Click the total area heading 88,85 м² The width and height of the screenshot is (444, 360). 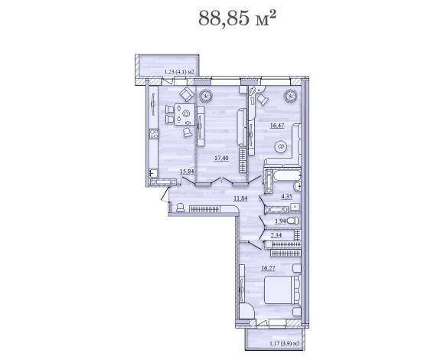tap(237, 18)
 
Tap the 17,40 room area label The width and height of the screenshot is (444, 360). tap(221, 158)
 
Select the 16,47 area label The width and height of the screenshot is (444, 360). tap(277, 126)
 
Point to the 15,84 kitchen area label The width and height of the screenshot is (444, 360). tap(187, 171)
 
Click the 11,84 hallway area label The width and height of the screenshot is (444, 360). tap(240, 198)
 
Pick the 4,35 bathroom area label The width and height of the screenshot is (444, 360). tap(286, 196)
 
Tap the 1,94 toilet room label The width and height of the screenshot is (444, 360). tap(281, 221)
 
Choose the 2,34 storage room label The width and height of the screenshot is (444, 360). tap(276, 234)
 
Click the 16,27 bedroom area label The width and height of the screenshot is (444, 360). tap(268, 268)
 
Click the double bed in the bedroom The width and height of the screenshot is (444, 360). tap(282, 290)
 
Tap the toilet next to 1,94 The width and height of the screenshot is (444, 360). tap(292, 221)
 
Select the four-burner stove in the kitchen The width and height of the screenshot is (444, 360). tap(154, 134)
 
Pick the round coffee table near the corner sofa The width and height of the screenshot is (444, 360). tap(281, 146)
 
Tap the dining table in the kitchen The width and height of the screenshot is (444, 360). tap(184, 114)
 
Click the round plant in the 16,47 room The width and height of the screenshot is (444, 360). tap(291, 96)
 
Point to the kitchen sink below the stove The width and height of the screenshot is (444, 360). tap(153, 173)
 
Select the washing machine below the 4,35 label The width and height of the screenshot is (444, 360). tap(295, 207)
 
